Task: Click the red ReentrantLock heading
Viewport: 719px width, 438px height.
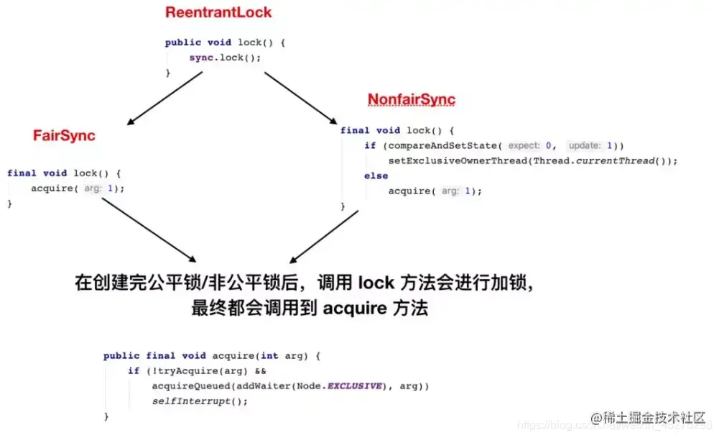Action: [218, 12]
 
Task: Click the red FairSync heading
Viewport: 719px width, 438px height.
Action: [64, 135]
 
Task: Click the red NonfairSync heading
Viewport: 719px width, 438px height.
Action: [412, 99]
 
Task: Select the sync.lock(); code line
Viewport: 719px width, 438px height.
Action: [225, 58]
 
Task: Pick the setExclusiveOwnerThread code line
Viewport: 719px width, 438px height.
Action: [532, 160]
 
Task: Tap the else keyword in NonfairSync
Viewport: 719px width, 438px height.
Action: [376, 175]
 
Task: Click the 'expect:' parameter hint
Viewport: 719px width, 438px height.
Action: [524, 145]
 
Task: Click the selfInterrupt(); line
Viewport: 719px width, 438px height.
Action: [200, 401]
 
